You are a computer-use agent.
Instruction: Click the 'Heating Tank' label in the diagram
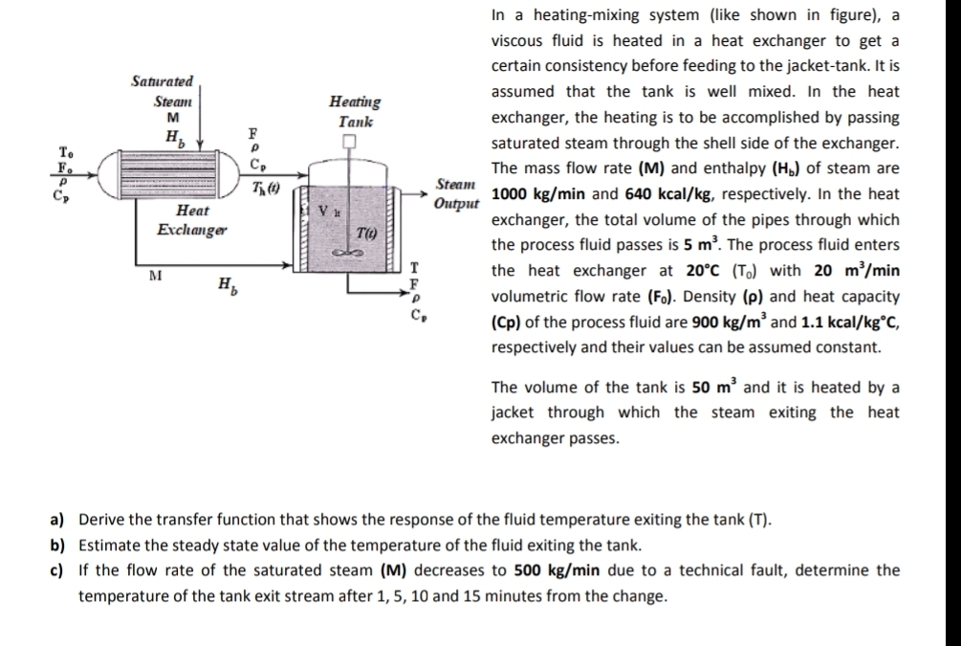click(354, 111)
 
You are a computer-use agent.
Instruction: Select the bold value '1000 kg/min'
click(533, 194)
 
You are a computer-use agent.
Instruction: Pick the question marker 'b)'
click(56, 546)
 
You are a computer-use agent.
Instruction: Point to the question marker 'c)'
click(56, 571)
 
